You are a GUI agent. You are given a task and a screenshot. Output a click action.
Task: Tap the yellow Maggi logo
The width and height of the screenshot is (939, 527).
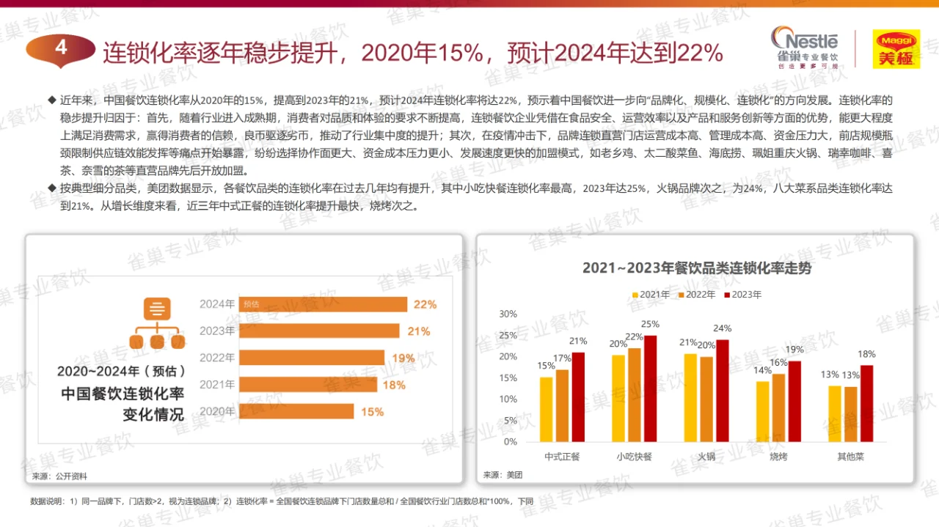pyautogui.click(x=896, y=49)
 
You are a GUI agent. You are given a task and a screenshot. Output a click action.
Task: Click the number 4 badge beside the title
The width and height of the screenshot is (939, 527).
pyautogui.click(x=61, y=48)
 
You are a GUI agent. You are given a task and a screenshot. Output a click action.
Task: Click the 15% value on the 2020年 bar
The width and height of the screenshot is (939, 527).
pyautogui.click(x=372, y=412)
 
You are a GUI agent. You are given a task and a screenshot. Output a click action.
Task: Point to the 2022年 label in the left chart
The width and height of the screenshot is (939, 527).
pyautogui.click(x=217, y=358)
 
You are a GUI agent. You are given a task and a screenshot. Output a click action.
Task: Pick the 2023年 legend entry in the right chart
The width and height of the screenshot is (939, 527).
pyautogui.click(x=742, y=295)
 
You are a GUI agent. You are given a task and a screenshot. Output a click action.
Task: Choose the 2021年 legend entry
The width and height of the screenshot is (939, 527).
pyautogui.click(x=650, y=295)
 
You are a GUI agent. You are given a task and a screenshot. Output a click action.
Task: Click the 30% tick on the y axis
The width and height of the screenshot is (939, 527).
pyautogui.click(x=508, y=314)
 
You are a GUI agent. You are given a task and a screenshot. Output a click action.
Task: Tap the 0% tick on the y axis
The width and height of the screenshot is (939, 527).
pyautogui.click(x=510, y=442)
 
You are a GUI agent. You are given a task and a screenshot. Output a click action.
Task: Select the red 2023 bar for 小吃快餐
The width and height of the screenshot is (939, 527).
pyautogui.click(x=650, y=388)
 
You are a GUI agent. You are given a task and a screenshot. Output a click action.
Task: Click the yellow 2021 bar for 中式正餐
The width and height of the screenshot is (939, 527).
pyautogui.click(x=546, y=409)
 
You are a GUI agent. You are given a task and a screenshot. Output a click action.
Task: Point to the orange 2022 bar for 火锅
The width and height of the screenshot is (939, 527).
pyautogui.click(x=706, y=399)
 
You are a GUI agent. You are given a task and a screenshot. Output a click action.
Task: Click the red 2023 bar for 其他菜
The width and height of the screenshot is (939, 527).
pyautogui.click(x=866, y=403)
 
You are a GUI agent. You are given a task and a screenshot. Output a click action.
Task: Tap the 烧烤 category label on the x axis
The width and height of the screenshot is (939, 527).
pyautogui.click(x=778, y=457)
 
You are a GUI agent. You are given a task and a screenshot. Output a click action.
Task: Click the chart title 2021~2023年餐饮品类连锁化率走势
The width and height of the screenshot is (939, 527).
pyautogui.click(x=697, y=268)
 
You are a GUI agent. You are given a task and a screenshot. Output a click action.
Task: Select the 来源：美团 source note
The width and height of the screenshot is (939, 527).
pyautogui.click(x=503, y=475)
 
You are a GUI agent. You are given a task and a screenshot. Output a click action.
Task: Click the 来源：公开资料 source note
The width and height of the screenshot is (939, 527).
pyautogui.click(x=59, y=476)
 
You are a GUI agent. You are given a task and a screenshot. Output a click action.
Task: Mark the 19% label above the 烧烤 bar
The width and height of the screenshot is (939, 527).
pyautogui.click(x=794, y=350)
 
